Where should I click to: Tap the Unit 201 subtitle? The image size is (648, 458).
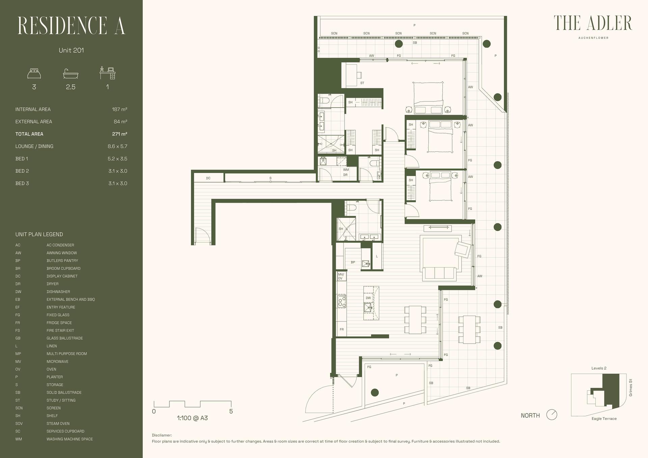click(x=71, y=50)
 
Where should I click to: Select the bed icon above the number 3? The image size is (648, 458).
click(x=34, y=73)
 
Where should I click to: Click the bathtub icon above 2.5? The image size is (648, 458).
click(x=71, y=74)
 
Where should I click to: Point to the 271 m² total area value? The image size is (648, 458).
click(x=119, y=134)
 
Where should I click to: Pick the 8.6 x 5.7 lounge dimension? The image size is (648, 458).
click(x=117, y=146)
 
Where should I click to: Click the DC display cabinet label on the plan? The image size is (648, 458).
click(x=208, y=178)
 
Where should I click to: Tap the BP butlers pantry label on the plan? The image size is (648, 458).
click(x=353, y=262)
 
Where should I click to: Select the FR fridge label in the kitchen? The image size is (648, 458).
click(x=342, y=329)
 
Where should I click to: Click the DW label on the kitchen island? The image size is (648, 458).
click(x=368, y=298)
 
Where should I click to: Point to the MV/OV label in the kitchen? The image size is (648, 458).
click(x=341, y=276)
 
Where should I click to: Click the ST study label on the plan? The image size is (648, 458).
click(x=362, y=83)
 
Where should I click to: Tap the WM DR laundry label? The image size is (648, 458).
click(x=346, y=172)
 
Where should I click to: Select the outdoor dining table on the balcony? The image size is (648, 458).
click(x=469, y=329)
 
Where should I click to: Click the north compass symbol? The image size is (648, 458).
click(x=551, y=415)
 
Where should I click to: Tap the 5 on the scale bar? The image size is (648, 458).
click(x=231, y=411)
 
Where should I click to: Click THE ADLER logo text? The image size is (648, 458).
click(x=593, y=23)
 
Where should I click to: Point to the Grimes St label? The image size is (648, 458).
click(x=630, y=388)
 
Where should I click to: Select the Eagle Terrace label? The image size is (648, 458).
click(x=604, y=419)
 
